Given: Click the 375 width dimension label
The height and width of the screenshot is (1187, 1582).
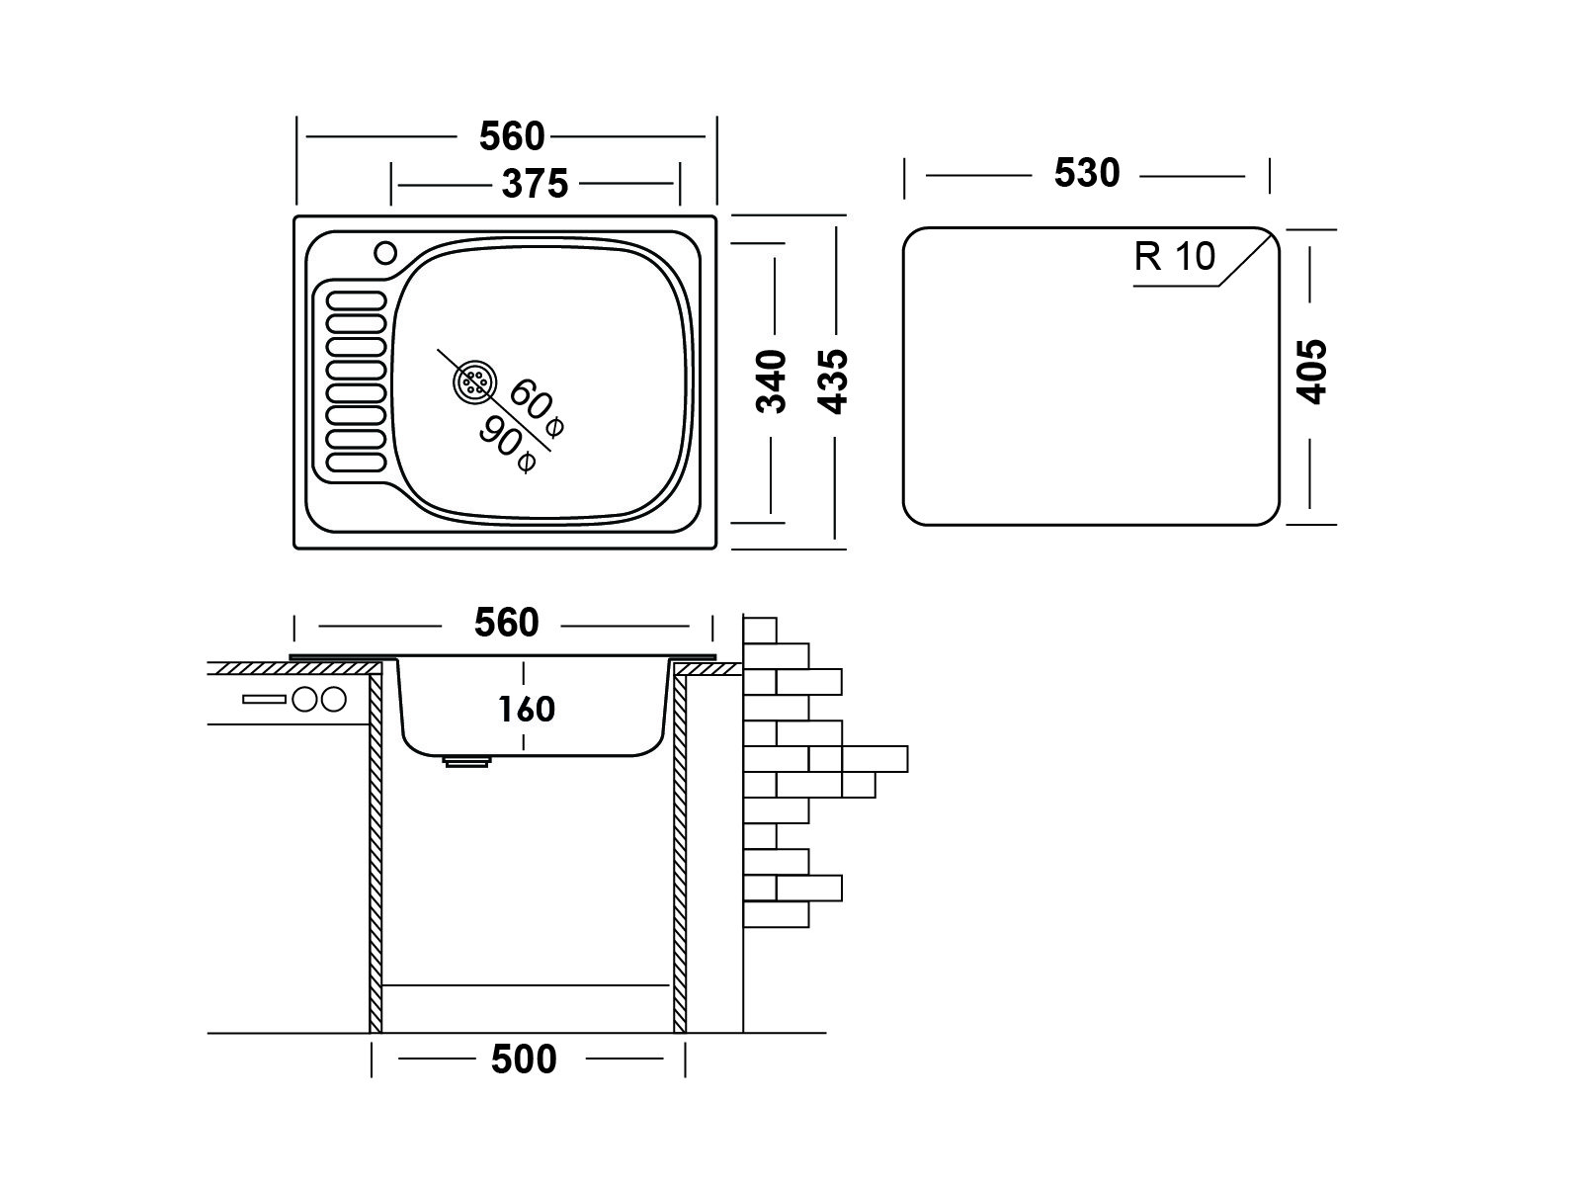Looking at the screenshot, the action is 535,184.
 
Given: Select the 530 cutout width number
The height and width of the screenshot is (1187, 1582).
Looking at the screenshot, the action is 1087,174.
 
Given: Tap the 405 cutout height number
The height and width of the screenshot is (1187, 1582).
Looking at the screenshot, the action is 1311,372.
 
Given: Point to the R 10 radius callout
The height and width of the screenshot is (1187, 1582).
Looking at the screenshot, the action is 1175,256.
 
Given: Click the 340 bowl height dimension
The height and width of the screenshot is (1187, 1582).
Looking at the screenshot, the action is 771,382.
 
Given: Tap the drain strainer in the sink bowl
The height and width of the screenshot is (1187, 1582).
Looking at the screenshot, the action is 475,382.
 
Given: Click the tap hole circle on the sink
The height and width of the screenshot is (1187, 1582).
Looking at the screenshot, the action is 385,253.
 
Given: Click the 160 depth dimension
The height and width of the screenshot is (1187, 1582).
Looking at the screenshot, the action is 526,710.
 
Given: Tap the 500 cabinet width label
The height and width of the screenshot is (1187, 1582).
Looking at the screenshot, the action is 524,1060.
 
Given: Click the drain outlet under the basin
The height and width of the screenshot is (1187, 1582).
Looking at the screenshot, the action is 467,761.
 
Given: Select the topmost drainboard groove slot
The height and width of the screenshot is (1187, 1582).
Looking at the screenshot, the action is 356,300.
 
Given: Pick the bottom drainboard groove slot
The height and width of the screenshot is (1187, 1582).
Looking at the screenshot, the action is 356,462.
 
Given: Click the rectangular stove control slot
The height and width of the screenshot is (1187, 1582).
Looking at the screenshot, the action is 264,699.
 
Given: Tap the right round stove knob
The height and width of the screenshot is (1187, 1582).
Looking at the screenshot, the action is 334,699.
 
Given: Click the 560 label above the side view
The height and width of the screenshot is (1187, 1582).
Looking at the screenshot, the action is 507,623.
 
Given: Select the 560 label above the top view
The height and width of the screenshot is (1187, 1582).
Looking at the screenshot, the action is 512,136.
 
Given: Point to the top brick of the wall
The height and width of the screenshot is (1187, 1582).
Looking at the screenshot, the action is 760,630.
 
